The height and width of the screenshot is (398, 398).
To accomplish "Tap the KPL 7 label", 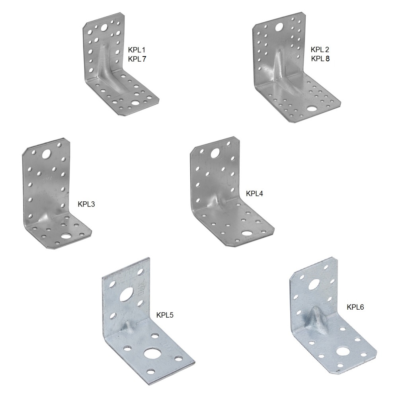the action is (x=137, y=59).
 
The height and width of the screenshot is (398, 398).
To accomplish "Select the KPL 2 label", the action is (x=320, y=49).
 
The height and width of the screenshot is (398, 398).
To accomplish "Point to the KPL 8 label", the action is (x=320, y=59).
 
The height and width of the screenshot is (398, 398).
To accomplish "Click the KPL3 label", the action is (x=86, y=204).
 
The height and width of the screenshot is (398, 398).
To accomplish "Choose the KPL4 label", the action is (x=254, y=194).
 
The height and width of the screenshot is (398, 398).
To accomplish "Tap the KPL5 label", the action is (x=165, y=315).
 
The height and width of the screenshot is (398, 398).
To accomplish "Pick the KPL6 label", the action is (x=355, y=307).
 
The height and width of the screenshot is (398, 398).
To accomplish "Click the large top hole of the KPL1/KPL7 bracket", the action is (x=104, y=27).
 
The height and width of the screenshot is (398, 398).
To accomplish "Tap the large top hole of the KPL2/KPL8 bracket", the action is (x=279, y=26).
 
